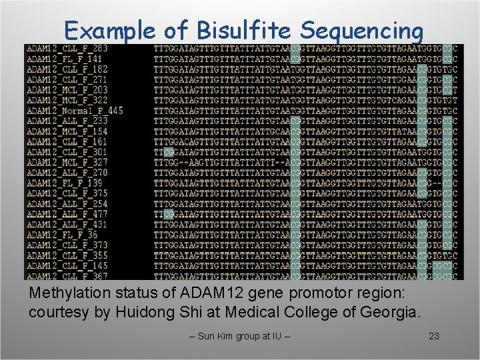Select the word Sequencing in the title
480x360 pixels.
362,31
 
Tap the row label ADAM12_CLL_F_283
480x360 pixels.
67,49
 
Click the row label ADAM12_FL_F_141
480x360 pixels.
65,59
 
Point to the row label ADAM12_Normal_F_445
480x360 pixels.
75,111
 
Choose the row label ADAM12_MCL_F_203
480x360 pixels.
67,90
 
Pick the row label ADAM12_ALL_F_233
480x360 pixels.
67,121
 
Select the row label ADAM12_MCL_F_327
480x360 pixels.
67,163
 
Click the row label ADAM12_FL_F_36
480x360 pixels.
62,235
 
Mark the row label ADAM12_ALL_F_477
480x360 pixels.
67,215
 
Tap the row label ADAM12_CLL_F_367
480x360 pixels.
67,276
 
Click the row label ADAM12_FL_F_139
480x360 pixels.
65,183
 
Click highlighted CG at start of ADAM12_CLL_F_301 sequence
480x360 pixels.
168,153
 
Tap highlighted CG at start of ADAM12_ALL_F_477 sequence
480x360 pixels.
168,215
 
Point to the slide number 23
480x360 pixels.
434,336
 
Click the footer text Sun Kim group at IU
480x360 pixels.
240,336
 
